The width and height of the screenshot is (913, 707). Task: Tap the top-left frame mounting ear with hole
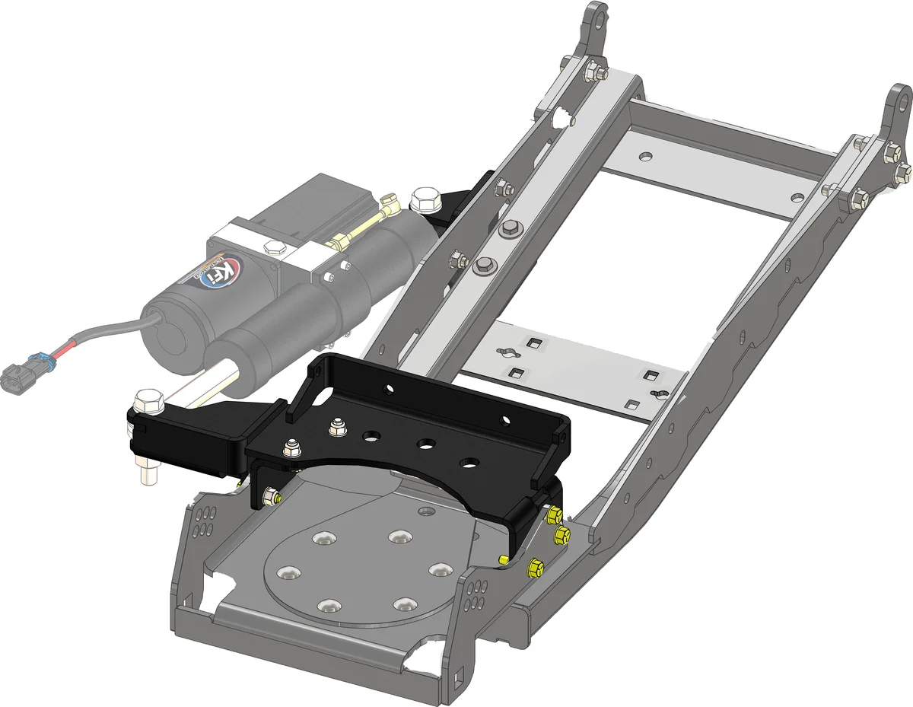click(598, 18)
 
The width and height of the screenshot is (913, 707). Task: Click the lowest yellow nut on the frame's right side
click(534, 566)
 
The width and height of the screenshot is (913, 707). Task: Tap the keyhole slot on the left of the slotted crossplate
click(504, 351)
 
